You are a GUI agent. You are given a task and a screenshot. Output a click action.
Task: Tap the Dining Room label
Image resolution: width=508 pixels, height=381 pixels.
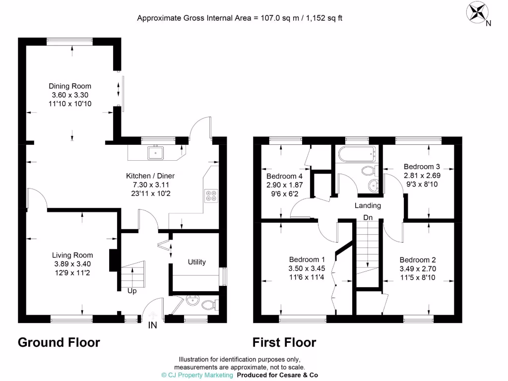(70, 86)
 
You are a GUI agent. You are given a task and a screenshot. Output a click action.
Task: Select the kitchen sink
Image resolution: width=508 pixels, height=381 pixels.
(156, 152)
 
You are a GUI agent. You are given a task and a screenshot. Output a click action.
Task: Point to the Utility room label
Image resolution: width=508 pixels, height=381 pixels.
(196, 262)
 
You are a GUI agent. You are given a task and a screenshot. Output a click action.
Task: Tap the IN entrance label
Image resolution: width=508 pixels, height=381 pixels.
(153, 325)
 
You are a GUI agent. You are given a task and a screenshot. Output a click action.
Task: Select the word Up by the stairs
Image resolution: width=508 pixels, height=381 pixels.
(131, 291)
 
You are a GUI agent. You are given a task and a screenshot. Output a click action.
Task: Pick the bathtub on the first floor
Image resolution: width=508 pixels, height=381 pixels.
(355, 155)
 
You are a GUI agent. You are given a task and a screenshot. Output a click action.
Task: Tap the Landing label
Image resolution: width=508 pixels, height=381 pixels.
(368, 205)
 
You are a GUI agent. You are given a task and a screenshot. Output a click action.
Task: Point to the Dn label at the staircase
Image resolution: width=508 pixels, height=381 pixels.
(368, 217)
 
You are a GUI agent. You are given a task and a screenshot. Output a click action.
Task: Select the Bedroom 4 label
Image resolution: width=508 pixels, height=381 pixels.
(284, 176)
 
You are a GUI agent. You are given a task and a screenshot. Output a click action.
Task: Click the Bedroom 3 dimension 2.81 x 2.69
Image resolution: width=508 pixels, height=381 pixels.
(422, 175)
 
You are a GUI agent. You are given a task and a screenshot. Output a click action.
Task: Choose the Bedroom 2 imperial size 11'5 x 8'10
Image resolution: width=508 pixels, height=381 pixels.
(418, 277)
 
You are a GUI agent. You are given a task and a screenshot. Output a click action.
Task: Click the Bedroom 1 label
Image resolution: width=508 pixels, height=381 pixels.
(307, 259)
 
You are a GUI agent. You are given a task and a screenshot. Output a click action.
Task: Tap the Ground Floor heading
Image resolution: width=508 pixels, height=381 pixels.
(59, 342)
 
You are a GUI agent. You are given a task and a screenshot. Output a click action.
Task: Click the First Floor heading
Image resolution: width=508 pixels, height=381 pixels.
(284, 342)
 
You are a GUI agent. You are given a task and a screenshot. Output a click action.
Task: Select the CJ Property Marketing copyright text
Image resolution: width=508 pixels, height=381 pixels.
(197, 375)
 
